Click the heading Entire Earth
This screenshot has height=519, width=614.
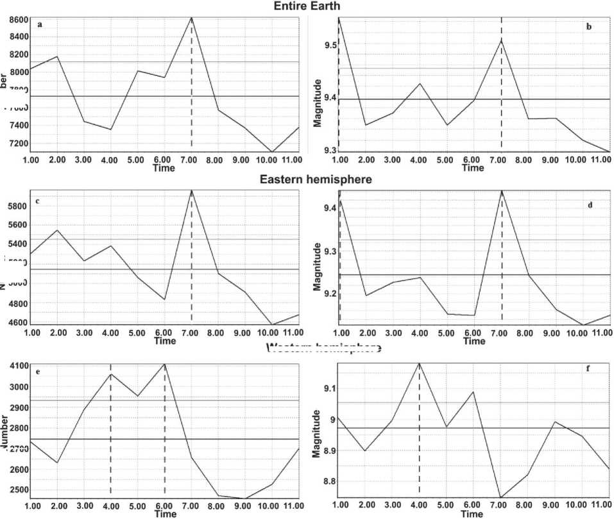click(x=307, y=6)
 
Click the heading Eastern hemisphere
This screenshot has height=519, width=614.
click(x=316, y=180)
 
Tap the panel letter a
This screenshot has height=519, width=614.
click(x=40, y=25)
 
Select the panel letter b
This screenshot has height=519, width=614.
click(x=588, y=26)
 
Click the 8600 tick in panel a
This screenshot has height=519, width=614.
click(x=17, y=20)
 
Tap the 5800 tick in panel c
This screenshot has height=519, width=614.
click(x=18, y=206)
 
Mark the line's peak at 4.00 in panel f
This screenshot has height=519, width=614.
click(x=419, y=363)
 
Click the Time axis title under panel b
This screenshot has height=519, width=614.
click(x=473, y=169)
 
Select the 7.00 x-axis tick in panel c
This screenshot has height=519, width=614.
click(x=192, y=334)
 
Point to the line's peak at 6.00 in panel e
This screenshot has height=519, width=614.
click(x=165, y=364)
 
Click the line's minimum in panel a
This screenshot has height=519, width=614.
click(x=273, y=152)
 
